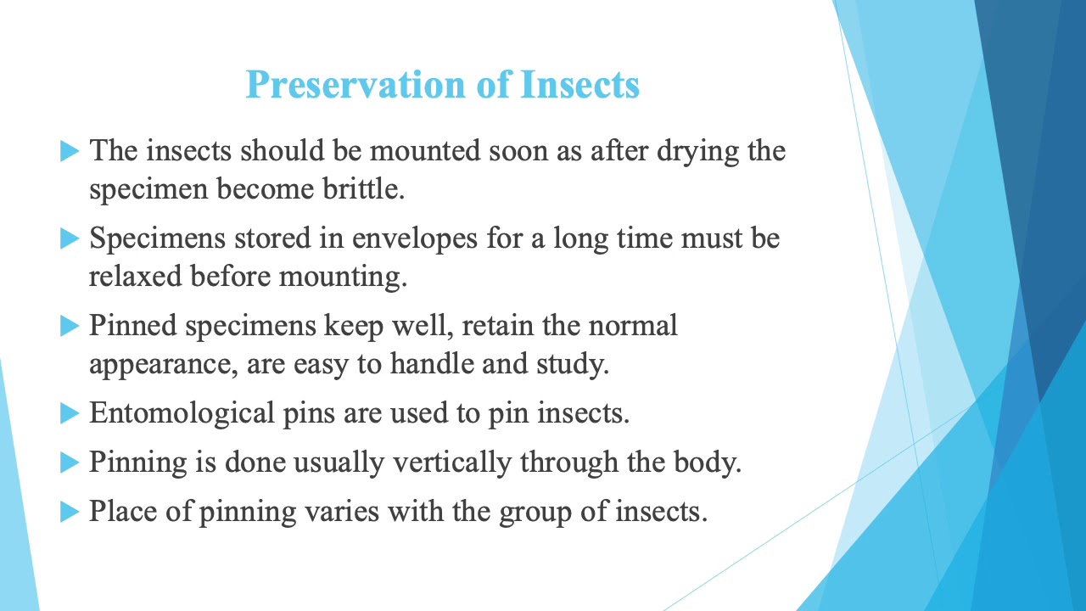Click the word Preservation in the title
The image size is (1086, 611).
coord(355,86)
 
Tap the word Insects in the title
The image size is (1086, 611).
coord(579,86)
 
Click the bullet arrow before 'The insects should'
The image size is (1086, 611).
coord(70,152)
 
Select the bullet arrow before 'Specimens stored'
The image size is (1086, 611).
coord(70,239)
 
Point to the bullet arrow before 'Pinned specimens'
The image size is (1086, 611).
coord(70,327)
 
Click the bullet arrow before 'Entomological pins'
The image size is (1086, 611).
coord(70,414)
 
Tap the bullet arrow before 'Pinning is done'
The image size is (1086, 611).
coord(70,463)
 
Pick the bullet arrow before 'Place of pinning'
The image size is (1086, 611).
coord(70,513)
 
